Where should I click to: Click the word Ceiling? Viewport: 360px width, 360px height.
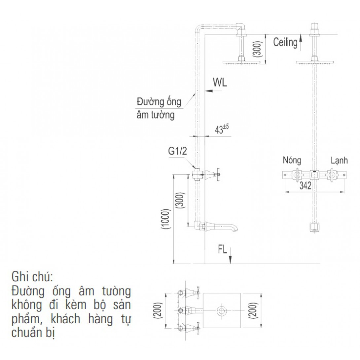coord(285,43)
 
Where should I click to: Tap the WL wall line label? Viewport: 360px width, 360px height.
coord(220,82)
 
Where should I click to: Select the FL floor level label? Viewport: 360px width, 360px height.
coord(223,249)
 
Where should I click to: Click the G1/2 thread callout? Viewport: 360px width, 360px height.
coord(177,151)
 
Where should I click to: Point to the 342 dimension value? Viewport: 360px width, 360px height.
coord(306,186)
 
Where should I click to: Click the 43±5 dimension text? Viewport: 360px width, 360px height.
coord(222,129)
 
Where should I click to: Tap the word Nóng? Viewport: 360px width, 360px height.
coord(292,160)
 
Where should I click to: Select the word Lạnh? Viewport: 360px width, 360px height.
coord(339,161)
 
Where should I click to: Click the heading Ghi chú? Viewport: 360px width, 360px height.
coord(32,277)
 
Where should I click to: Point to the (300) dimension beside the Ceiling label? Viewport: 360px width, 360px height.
coord(258,49)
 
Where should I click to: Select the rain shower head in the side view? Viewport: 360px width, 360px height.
coord(241,62)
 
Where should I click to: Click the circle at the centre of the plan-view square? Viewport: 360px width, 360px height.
coord(222,311)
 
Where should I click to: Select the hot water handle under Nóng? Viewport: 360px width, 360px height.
coord(297,175)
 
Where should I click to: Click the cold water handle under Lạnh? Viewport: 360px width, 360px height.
coord(331,175)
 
